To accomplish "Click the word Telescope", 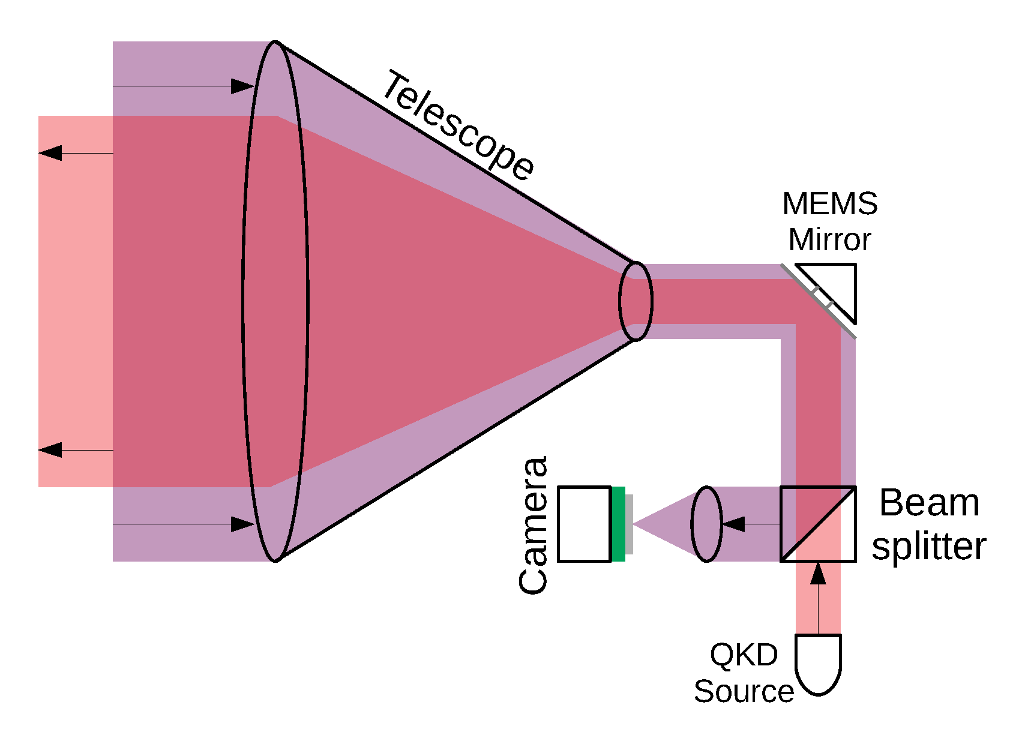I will [x=458, y=126].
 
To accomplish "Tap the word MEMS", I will [x=830, y=204].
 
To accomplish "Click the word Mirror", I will [x=830, y=240].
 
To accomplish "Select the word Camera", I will [x=533, y=525].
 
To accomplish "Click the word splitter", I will [x=928, y=546].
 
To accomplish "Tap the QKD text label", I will [x=744, y=655].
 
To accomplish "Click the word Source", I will [x=744, y=691].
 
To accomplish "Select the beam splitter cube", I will [x=818, y=524].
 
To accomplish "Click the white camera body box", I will [x=585, y=524].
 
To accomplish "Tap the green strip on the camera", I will [x=619, y=524].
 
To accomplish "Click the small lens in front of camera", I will [x=707, y=524].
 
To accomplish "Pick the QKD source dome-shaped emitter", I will [x=818, y=663].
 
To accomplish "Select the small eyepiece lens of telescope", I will [x=636, y=301].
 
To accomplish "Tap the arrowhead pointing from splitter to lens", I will [x=733, y=524].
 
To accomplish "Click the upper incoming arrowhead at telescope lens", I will [x=243, y=86].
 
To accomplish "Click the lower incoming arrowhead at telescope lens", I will [x=243, y=524].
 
